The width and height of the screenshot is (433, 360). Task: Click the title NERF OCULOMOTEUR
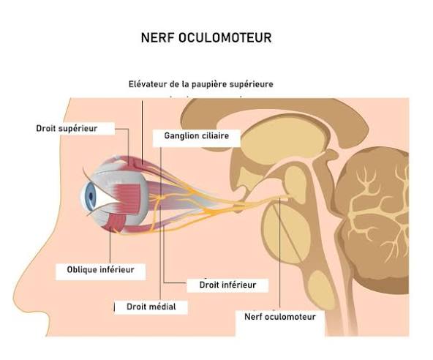coord(206,37)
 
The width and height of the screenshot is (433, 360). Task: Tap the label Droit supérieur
coord(67,129)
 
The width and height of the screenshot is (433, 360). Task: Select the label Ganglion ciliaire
coord(196,135)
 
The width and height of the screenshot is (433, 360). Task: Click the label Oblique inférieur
coord(100,270)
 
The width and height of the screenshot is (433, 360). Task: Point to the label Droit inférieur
coord(227,285)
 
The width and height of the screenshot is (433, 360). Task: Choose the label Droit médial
coord(151,307)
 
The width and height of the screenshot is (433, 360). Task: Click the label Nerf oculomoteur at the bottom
coord(279,317)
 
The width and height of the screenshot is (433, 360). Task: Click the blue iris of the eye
coord(90,195)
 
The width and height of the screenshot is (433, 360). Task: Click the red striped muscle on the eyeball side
coord(129,198)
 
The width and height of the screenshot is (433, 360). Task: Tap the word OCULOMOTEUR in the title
coord(225,37)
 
